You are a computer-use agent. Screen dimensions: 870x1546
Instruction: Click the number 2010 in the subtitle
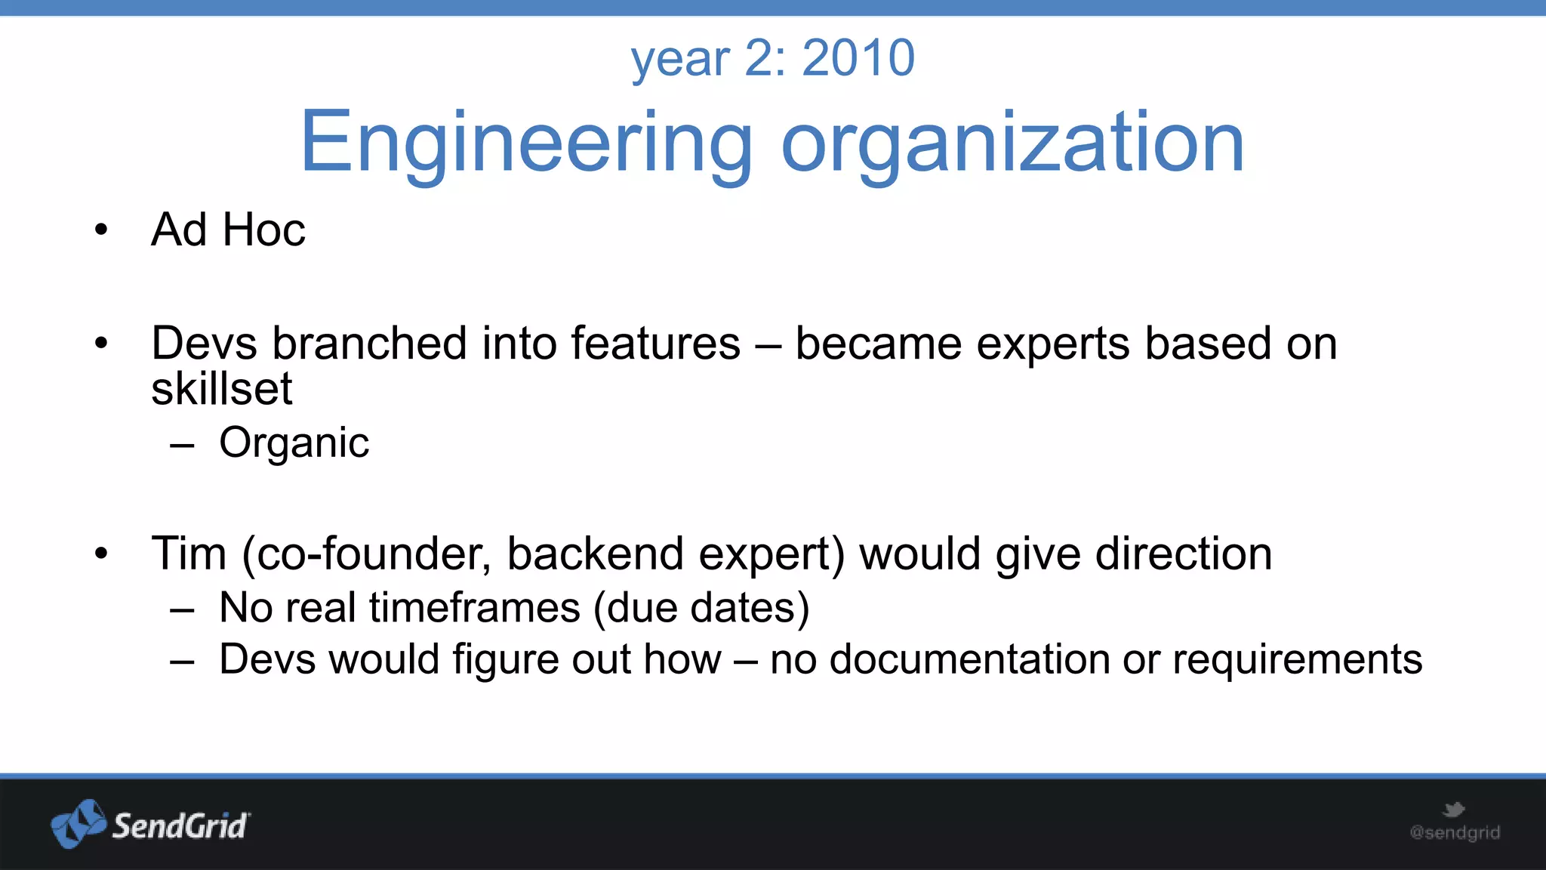click(x=858, y=58)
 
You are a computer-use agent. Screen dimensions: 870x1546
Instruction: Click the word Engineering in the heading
click(x=526, y=142)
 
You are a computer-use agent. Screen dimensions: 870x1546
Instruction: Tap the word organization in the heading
click(x=1012, y=142)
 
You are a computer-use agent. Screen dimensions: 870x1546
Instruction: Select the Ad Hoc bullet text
click(x=228, y=230)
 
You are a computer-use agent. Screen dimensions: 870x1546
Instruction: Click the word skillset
click(x=221, y=389)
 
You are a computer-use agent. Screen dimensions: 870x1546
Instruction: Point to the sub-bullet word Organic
click(x=294, y=443)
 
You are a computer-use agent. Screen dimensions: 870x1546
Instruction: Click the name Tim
click(x=189, y=554)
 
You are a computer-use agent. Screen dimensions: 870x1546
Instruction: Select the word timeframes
click(x=475, y=608)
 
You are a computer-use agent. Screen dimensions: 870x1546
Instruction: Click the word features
click(x=655, y=344)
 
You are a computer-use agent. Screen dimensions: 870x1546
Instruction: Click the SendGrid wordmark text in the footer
click(x=180, y=825)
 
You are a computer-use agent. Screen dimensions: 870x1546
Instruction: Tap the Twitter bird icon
click(x=1453, y=810)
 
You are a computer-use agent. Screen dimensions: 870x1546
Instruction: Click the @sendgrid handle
click(x=1455, y=833)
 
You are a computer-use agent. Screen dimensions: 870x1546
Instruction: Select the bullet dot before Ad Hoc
click(x=101, y=230)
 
